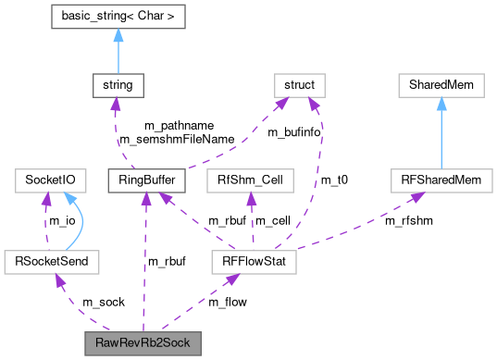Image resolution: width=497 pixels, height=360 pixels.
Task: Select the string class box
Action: [x=117, y=85]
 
